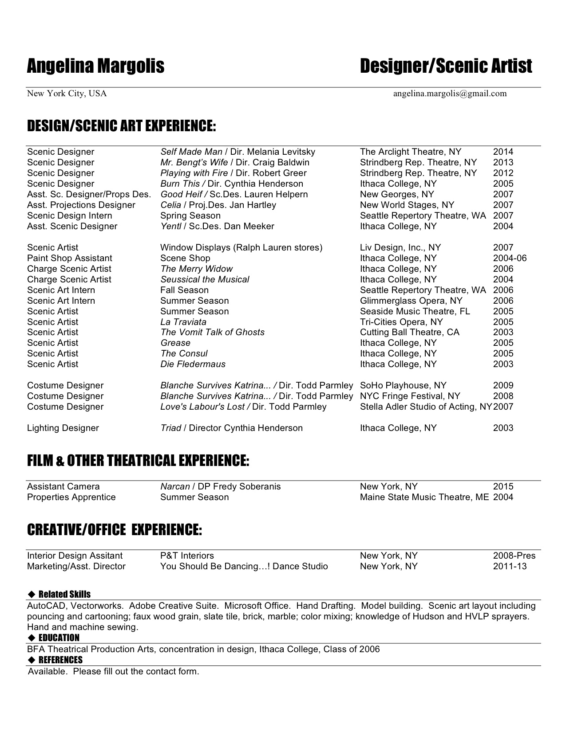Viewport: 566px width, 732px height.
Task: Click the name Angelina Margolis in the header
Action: (x=95, y=66)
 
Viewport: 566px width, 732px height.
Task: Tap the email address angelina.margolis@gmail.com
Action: (x=450, y=94)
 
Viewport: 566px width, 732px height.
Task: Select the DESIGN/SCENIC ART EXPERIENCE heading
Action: (x=121, y=126)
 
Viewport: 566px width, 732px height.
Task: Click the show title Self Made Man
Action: (x=191, y=152)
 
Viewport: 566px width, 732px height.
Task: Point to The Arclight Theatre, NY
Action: (x=411, y=152)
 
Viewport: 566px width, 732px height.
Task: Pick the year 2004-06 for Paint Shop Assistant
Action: (x=510, y=258)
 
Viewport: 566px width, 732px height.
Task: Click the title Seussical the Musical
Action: (x=205, y=280)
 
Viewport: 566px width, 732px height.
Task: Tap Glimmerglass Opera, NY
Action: (x=405, y=301)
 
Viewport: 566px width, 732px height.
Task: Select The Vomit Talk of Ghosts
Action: (x=212, y=333)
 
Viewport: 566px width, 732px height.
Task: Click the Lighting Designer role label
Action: (x=63, y=428)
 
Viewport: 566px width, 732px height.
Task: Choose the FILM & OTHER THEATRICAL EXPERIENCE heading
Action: (x=138, y=461)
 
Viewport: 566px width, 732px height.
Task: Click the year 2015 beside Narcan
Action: (x=503, y=487)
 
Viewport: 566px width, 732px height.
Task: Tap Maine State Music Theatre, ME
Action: (x=424, y=497)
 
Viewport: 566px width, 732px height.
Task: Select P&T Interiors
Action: (x=187, y=556)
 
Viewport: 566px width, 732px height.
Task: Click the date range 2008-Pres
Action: (x=514, y=556)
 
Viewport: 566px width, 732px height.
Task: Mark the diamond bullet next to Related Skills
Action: (x=31, y=595)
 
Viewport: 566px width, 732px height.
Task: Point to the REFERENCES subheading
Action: (x=60, y=660)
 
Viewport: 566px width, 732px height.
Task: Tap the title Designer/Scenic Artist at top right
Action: (x=446, y=66)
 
